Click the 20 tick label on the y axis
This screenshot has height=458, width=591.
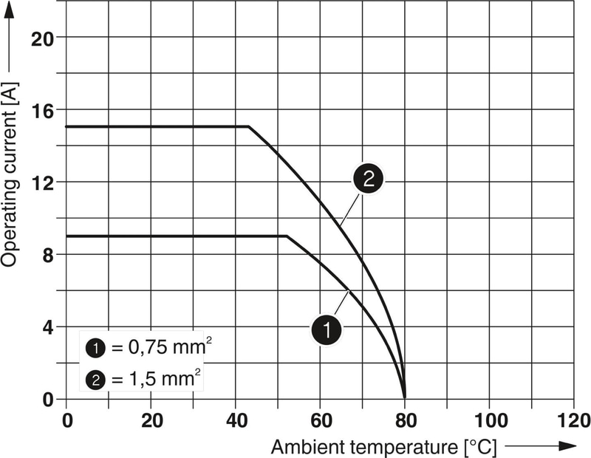pyautogui.click(x=44, y=37)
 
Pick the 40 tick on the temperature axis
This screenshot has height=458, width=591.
pyautogui.click(x=235, y=419)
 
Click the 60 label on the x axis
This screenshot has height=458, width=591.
pyautogui.click(x=320, y=419)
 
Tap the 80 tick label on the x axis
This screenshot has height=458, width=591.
pyautogui.click(x=405, y=419)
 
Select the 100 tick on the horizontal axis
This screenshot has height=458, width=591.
pyautogui.click(x=490, y=419)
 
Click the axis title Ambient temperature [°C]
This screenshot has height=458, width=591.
pyautogui.click(x=383, y=446)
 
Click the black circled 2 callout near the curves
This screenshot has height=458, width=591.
pyautogui.click(x=367, y=179)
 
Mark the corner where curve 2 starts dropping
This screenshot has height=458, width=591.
pyautogui.click(x=248, y=126)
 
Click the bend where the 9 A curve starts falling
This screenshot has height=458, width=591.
pyautogui.click(x=286, y=236)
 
